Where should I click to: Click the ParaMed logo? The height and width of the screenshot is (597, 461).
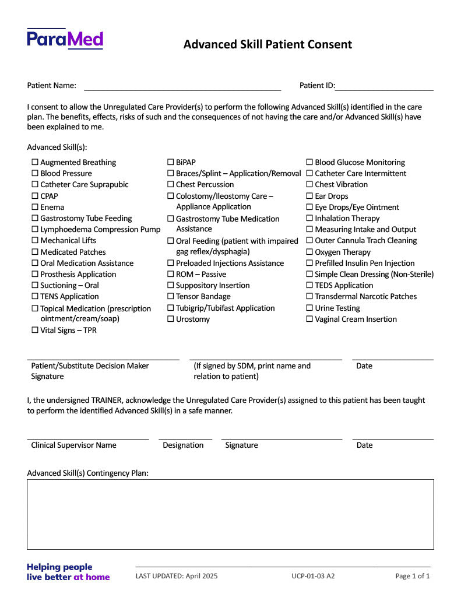(65, 39)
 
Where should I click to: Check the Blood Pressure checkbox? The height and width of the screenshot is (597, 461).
(35, 174)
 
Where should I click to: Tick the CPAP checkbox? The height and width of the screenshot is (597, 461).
(35, 196)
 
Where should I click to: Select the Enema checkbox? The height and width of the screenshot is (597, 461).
(35, 208)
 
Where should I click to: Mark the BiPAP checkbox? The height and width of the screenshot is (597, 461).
(171, 163)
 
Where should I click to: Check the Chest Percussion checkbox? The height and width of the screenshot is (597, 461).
(171, 185)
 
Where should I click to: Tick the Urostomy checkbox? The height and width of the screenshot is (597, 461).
(171, 319)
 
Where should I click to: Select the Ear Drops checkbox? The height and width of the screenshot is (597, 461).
(310, 196)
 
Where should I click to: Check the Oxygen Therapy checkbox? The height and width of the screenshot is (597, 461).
(310, 252)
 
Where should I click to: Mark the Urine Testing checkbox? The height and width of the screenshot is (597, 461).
(310, 308)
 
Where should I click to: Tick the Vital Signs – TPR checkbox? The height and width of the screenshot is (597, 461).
(35, 331)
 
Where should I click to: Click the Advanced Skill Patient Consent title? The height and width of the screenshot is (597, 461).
(268, 45)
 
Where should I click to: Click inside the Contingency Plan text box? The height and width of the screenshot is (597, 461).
(230, 514)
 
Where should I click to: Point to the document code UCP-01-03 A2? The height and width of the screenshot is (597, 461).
(313, 577)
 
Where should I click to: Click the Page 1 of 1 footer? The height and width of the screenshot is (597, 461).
(412, 577)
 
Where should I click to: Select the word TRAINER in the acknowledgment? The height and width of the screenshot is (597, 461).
(106, 401)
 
